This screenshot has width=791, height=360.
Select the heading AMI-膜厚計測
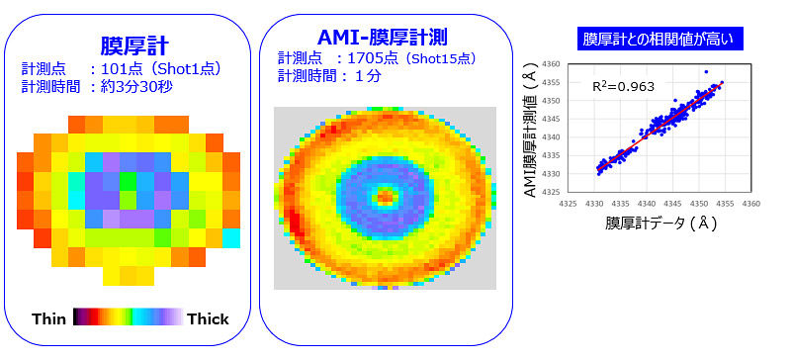click(x=383, y=38)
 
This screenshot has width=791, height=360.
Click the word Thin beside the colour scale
click(x=49, y=318)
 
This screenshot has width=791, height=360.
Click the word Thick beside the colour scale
click(x=208, y=318)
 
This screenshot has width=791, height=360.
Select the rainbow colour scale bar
click(x=129, y=317)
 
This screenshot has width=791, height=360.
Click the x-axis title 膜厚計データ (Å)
click(x=660, y=224)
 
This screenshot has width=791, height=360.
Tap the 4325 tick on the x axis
click(x=569, y=205)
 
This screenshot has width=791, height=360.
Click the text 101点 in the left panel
click(x=118, y=68)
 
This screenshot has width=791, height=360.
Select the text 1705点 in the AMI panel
click(x=367, y=58)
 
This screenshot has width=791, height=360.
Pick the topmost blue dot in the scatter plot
click(x=706, y=72)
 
